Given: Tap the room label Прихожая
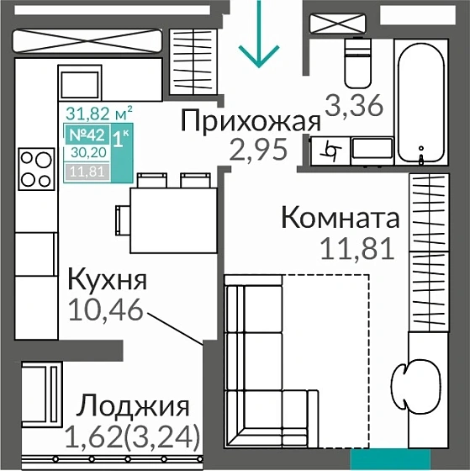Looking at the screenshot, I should (x=251, y=121).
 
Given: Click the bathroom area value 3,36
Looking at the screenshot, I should (x=354, y=107).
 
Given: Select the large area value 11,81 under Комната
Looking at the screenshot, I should (x=357, y=250).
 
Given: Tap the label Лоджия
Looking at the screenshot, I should (x=133, y=408).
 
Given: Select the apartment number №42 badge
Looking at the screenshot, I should (x=85, y=136).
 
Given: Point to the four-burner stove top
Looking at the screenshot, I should (x=35, y=167).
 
